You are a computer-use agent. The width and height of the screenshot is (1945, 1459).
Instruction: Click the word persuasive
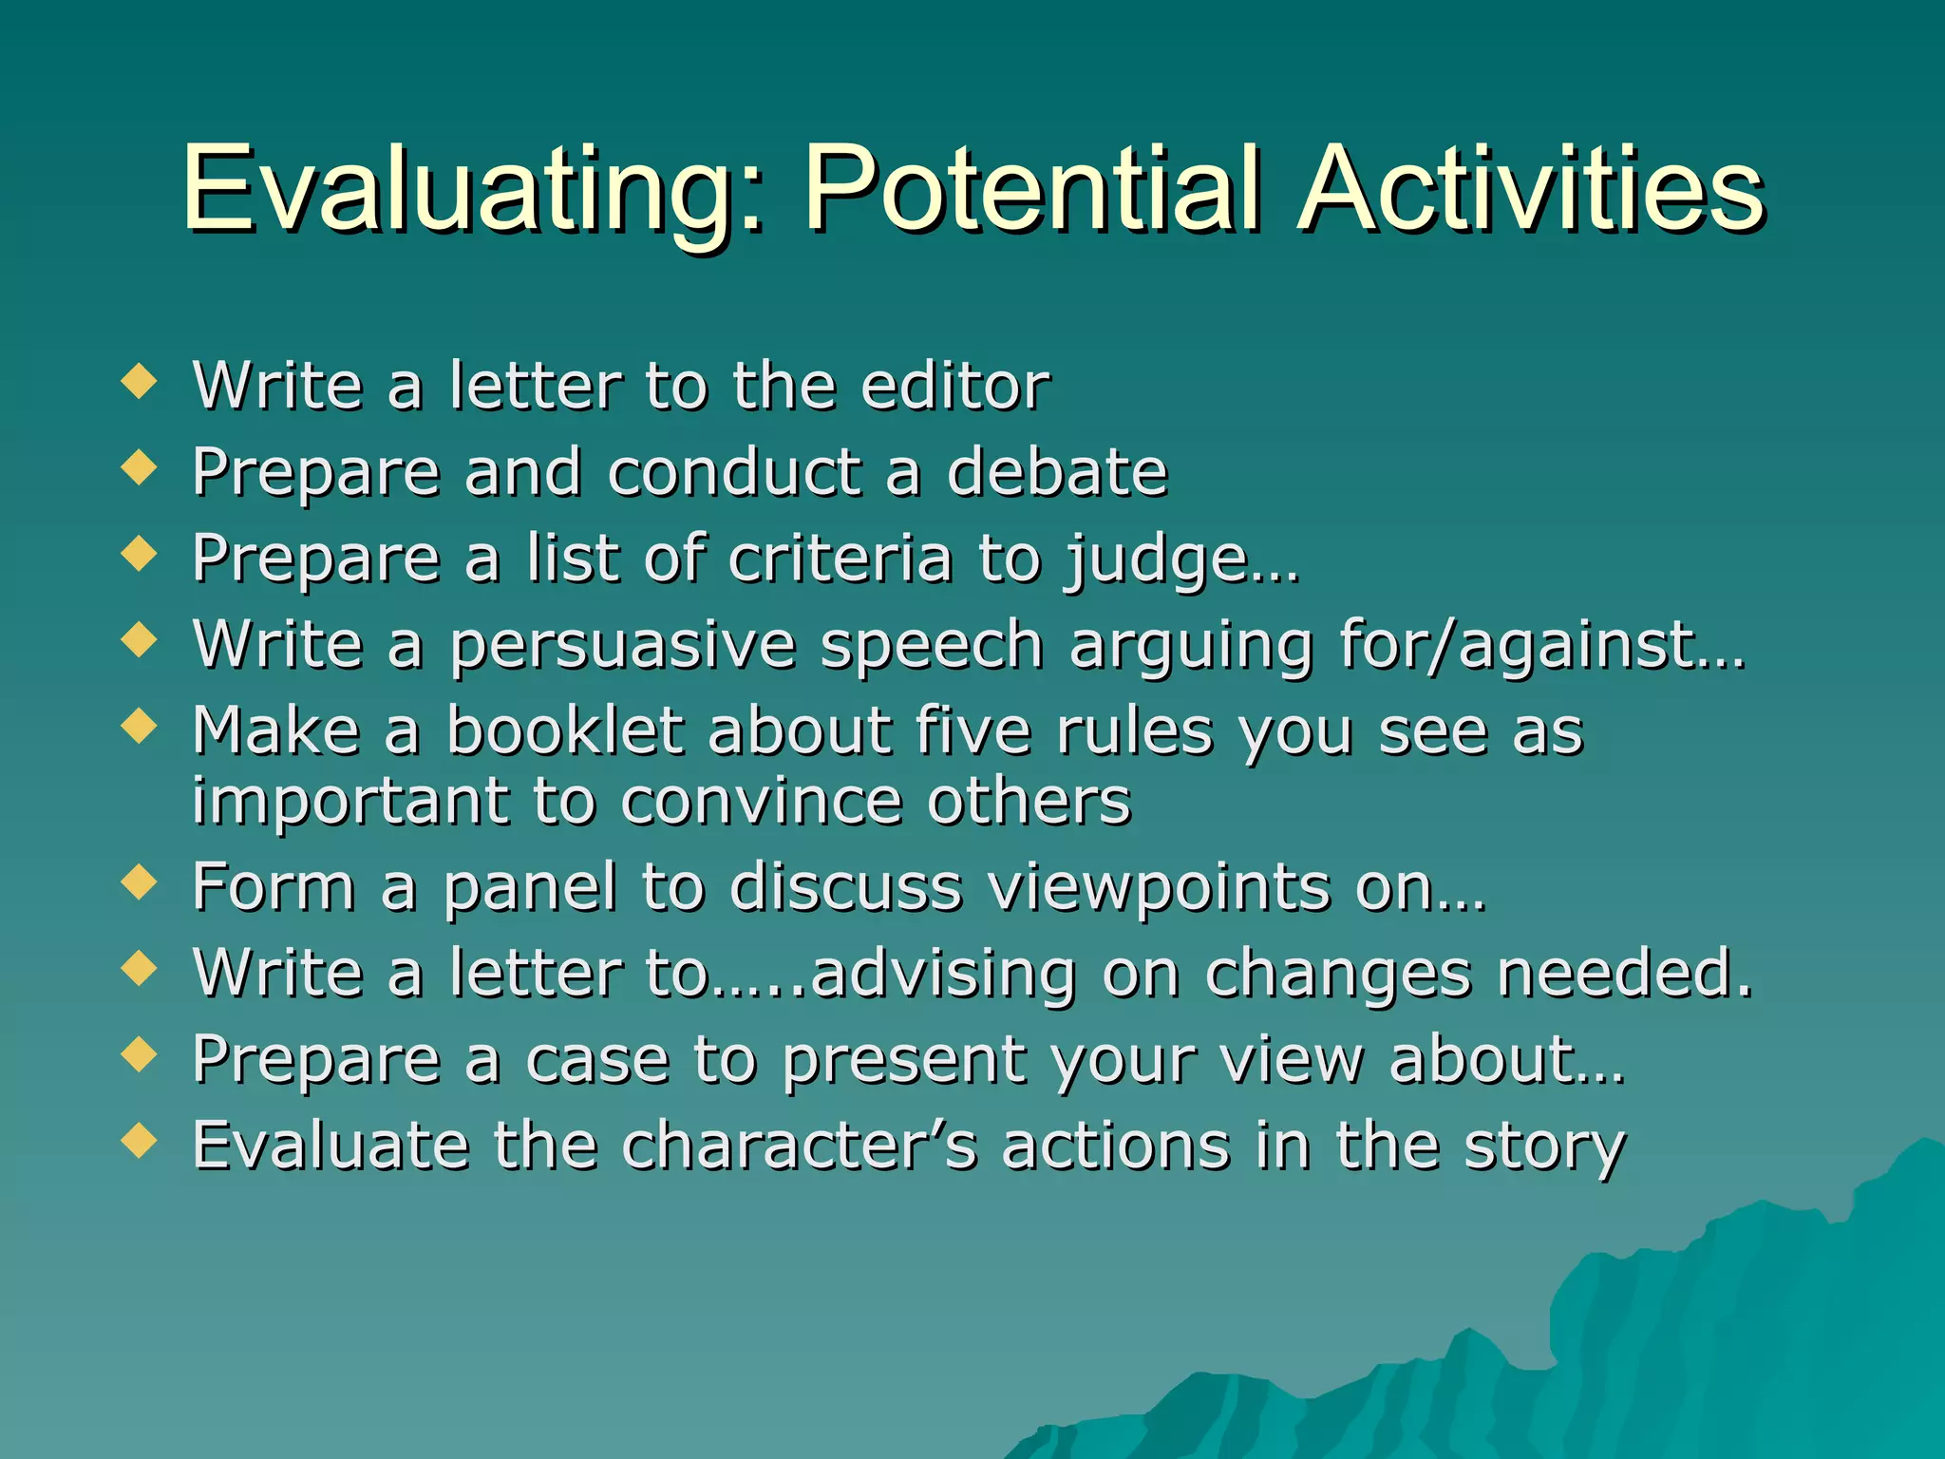tap(622, 646)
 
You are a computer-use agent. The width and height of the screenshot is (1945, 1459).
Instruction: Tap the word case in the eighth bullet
tap(597, 1059)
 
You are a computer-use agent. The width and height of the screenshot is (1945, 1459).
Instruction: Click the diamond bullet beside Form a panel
tap(140, 883)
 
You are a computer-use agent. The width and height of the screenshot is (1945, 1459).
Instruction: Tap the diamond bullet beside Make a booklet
tap(140, 728)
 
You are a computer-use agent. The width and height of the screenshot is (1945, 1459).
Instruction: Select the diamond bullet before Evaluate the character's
tap(140, 1142)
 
